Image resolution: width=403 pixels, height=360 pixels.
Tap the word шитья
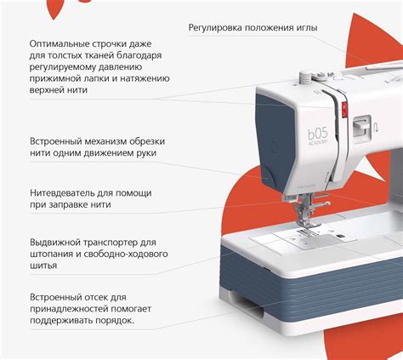click(x=43, y=266)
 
